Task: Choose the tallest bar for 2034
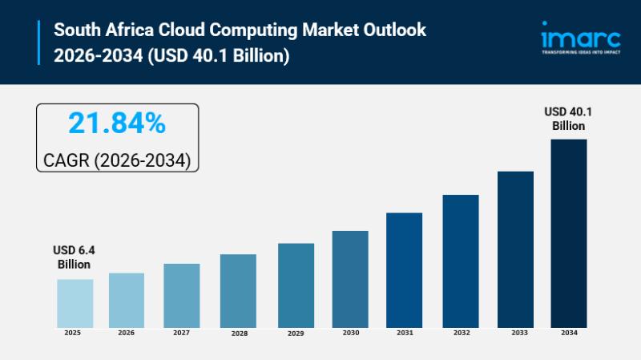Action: (569, 233)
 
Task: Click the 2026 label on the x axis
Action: (127, 332)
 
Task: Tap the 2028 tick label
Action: (237, 333)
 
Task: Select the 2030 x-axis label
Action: (350, 332)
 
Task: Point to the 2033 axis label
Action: (515, 332)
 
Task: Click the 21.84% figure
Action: (117, 123)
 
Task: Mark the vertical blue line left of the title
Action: (38, 42)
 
